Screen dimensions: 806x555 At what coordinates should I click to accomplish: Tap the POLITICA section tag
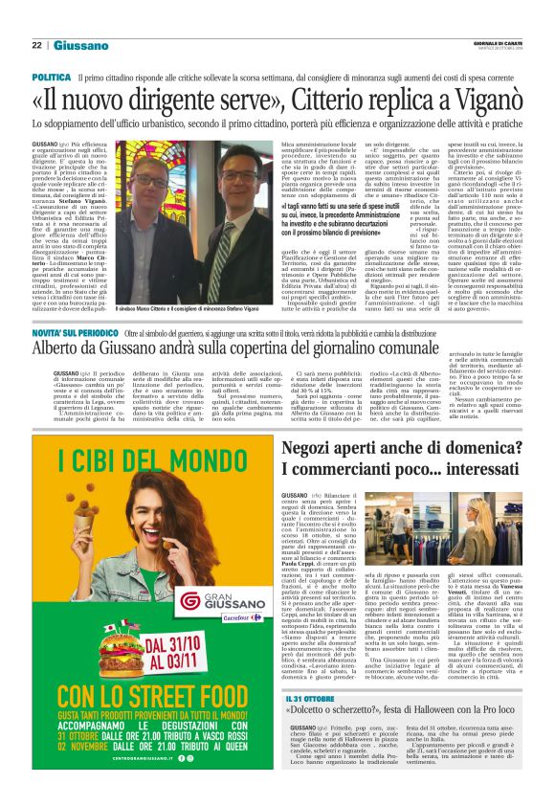click(x=51, y=76)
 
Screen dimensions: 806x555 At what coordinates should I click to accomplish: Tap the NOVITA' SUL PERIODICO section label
click(x=77, y=330)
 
